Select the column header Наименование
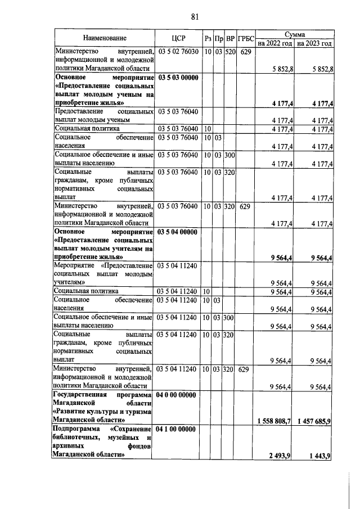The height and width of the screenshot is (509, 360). (105, 38)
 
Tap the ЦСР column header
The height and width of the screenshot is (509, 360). (178, 38)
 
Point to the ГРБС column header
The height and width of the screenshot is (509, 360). (245, 38)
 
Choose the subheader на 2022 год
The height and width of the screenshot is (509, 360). (274, 43)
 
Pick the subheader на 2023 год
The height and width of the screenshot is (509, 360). (314, 43)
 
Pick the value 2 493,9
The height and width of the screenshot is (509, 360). (280, 455)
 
